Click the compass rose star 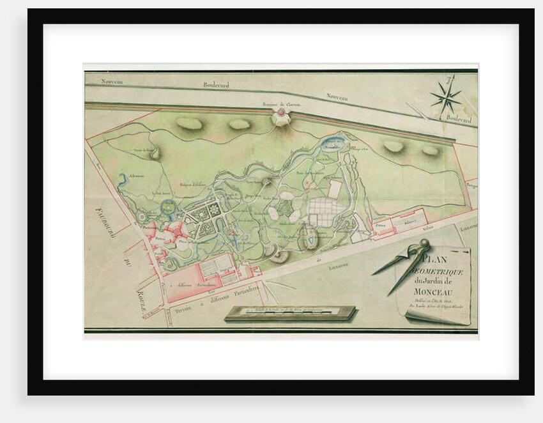pos(446,98)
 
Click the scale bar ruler pos(291,312)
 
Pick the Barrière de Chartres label pos(280,104)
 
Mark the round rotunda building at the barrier pos(280,116)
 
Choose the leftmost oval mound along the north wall pos(189,123)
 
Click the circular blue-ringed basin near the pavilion pos(167,207)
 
